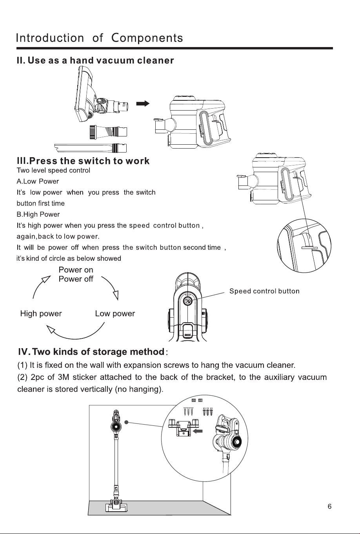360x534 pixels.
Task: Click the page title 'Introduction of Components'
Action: click(100, 38)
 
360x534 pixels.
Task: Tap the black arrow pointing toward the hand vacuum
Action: click(143, 104)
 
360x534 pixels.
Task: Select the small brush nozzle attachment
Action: click(108, 132)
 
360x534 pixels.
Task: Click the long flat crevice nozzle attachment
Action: click(90, 148)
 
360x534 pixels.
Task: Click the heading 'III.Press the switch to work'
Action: click(83, 161)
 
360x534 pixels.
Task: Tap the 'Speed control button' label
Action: click(264, 291)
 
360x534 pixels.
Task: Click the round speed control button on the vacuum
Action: click(187, 301)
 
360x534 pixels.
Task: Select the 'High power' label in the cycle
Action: click(41, 314)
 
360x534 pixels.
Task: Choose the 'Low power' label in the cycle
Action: click(115, 314)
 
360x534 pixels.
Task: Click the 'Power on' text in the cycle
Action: click(76, 270)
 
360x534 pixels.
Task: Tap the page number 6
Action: click(329, 506)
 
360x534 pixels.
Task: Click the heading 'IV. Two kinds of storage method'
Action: click(91, 352)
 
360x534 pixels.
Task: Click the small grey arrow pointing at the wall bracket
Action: click(197, 431)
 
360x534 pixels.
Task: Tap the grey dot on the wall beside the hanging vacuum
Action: click(126, 422)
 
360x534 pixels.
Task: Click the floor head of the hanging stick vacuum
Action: click(116, 506)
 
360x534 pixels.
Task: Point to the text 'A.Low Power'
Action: click(38, 182)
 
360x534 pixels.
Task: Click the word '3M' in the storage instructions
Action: click(64, 377)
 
